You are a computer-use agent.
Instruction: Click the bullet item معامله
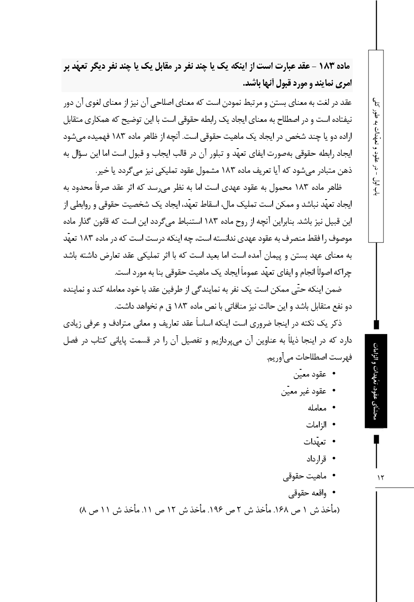(317, 408)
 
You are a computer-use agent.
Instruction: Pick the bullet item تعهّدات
(315, 442)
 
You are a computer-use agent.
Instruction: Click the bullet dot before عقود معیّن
(334, 374)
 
